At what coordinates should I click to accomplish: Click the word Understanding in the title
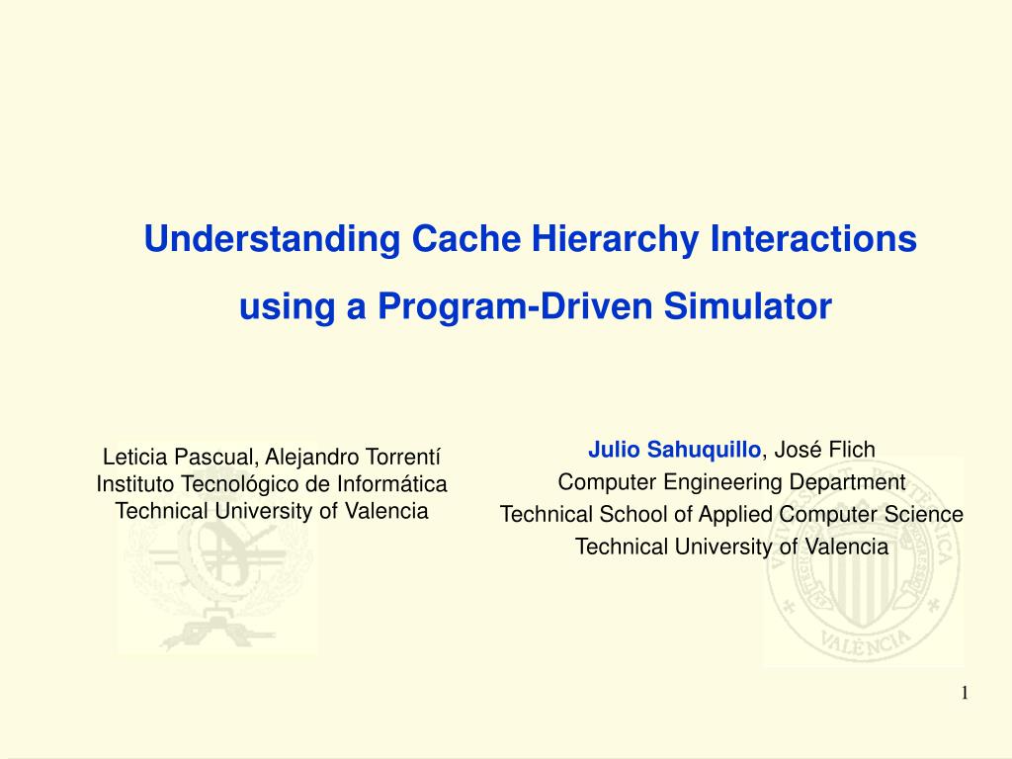[x=272, y=239]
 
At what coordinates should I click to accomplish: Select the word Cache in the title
[x=466, y=238]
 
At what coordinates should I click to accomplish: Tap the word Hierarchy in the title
[x=615, y=239]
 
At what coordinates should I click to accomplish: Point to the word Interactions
[x=813, y=238]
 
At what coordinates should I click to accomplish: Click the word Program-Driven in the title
[x=515, y=306]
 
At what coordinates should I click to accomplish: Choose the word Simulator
[x=748, y=306]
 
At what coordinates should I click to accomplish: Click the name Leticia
[x=135, y=457]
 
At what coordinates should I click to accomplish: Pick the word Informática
[x=391, y=483]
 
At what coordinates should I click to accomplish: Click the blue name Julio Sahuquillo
[x=674, y=450]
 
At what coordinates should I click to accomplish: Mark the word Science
[x=924, y=514]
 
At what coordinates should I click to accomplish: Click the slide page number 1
[x=965, y=693]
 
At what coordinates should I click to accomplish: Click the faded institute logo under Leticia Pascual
[x=216, y=581]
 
